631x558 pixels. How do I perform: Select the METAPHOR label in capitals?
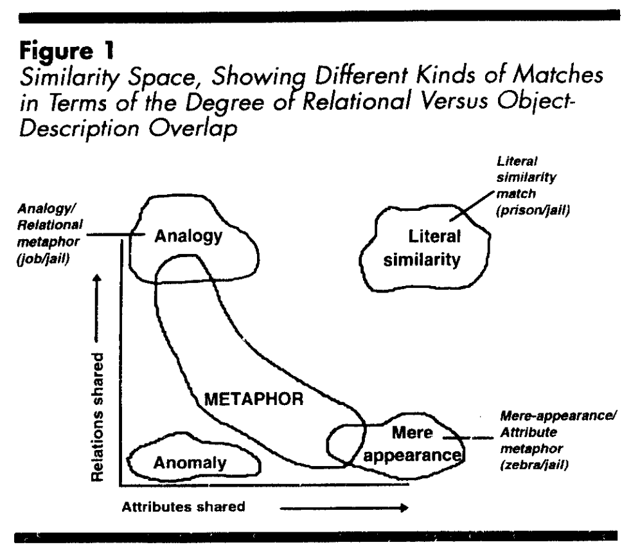pyautogui.click(x=253, y=399)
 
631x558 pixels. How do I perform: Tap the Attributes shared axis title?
pyautogui.click(x=183, y=506)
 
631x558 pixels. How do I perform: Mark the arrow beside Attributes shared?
pyautogui.click(x=344, y=507)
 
